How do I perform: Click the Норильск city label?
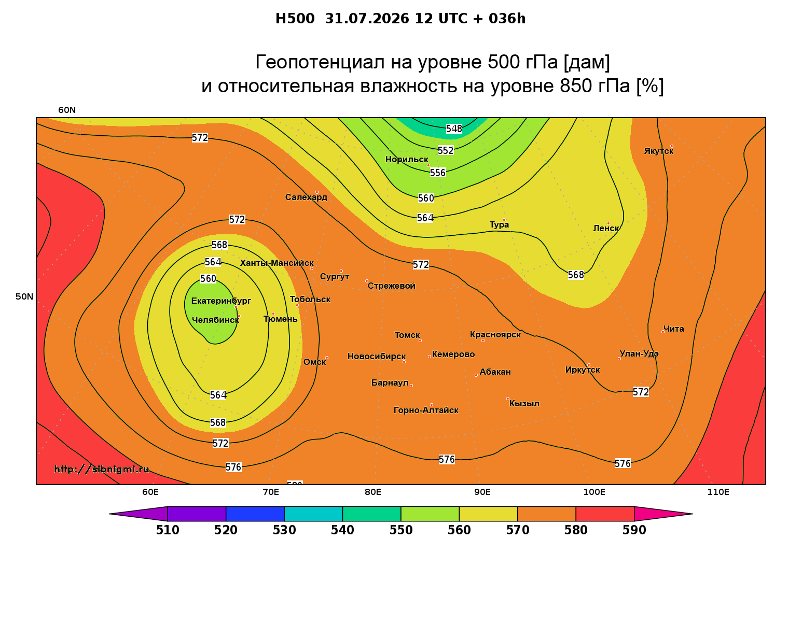tap(406, 159)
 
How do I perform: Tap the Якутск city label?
tap(658, 151)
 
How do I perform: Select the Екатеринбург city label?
tap(220, 301)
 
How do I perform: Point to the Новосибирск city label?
tap(376, 357)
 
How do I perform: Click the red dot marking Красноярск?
tap(483, 341)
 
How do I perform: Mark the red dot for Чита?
tap(663, 332)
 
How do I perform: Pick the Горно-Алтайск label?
tap(426, 410)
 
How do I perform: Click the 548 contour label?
tap(453, 129)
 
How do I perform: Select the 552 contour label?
tap(446, 150)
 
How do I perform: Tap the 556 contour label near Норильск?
tap(438, 173)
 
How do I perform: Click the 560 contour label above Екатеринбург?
tap(208, 279)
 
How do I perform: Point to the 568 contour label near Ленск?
tap(576, 275)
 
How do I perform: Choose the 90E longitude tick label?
tap(482, 492)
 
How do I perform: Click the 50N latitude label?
tap(24, 296)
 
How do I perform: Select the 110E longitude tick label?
tap(718, 492)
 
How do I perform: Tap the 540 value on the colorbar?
tap(342, 530)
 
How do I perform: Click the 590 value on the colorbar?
tap(634, 530)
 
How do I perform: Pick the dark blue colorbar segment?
tap(255, 514)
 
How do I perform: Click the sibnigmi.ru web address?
tap(102, 469)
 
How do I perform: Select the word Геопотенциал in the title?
tap(320, 62)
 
